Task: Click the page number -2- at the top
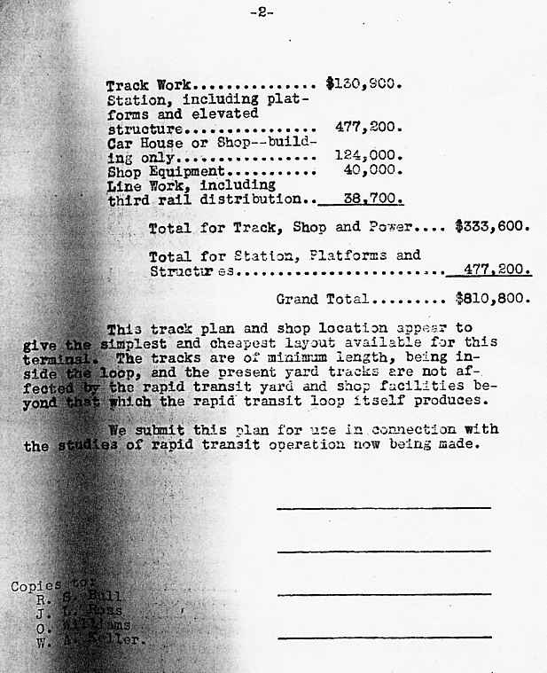click(262, 12)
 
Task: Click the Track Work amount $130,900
click(364, 86)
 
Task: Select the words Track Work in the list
click(144, 86)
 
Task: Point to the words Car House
click(140, 143)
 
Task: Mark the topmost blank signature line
click(383, 508)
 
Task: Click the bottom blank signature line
click(383, 637)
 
